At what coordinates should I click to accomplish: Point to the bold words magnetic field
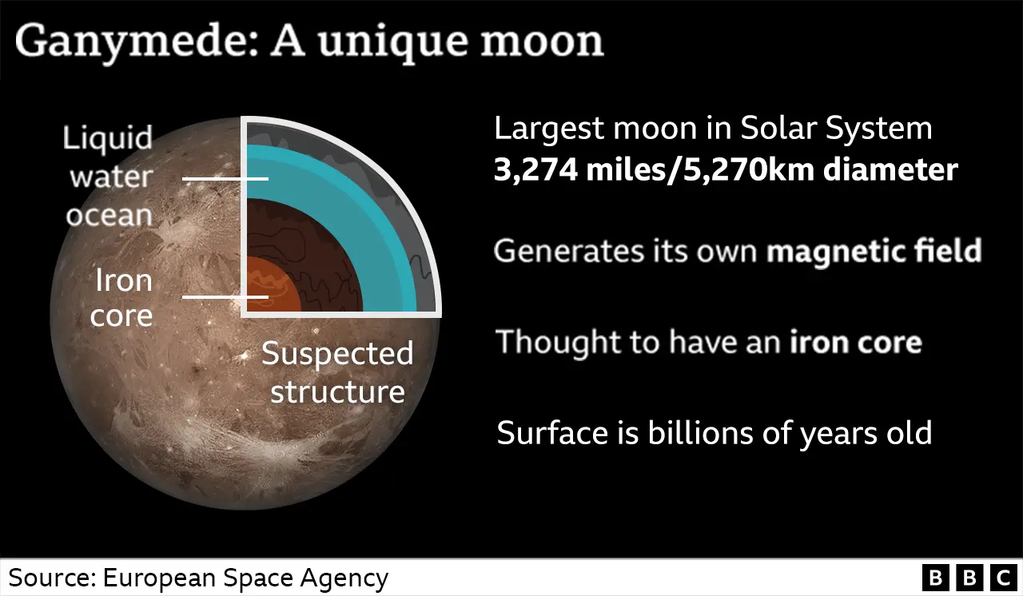coord(874,251)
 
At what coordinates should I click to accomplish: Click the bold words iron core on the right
coord(856,342)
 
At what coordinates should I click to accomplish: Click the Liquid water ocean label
coord(108,176)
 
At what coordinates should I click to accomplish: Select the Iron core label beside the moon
coord(122,297)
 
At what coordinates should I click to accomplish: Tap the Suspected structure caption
coord(337,372)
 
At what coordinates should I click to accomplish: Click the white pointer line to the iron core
coord(225,297)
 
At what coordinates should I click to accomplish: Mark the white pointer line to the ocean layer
coord(225,179)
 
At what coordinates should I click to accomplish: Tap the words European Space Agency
coord(244,578)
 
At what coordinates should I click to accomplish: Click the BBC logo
coord(968,577)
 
